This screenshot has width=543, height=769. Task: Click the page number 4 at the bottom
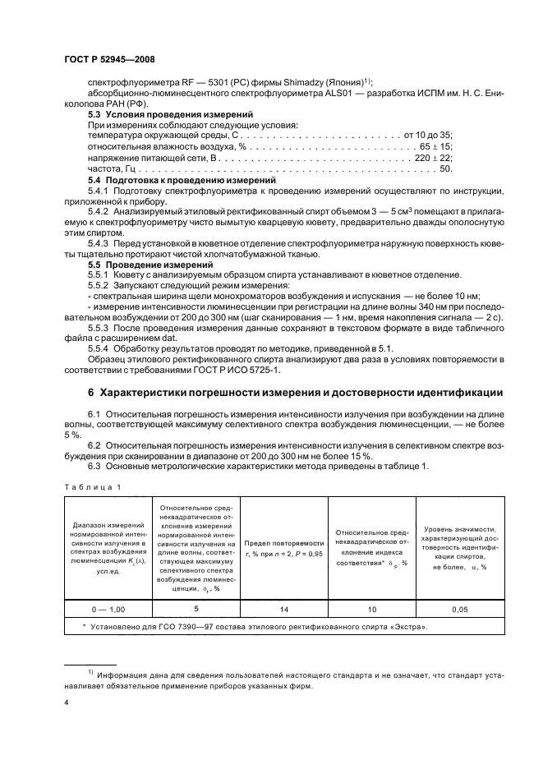(67, 703)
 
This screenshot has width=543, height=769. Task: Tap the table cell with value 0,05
(458, 610)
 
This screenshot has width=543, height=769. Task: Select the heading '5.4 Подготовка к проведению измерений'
(182, 178)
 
